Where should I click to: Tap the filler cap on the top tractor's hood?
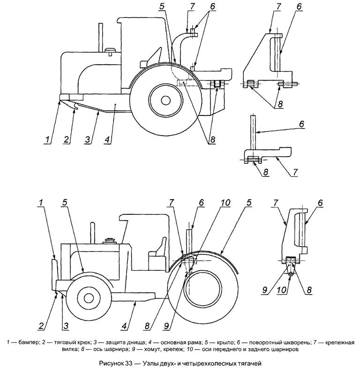pos(111,50)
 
